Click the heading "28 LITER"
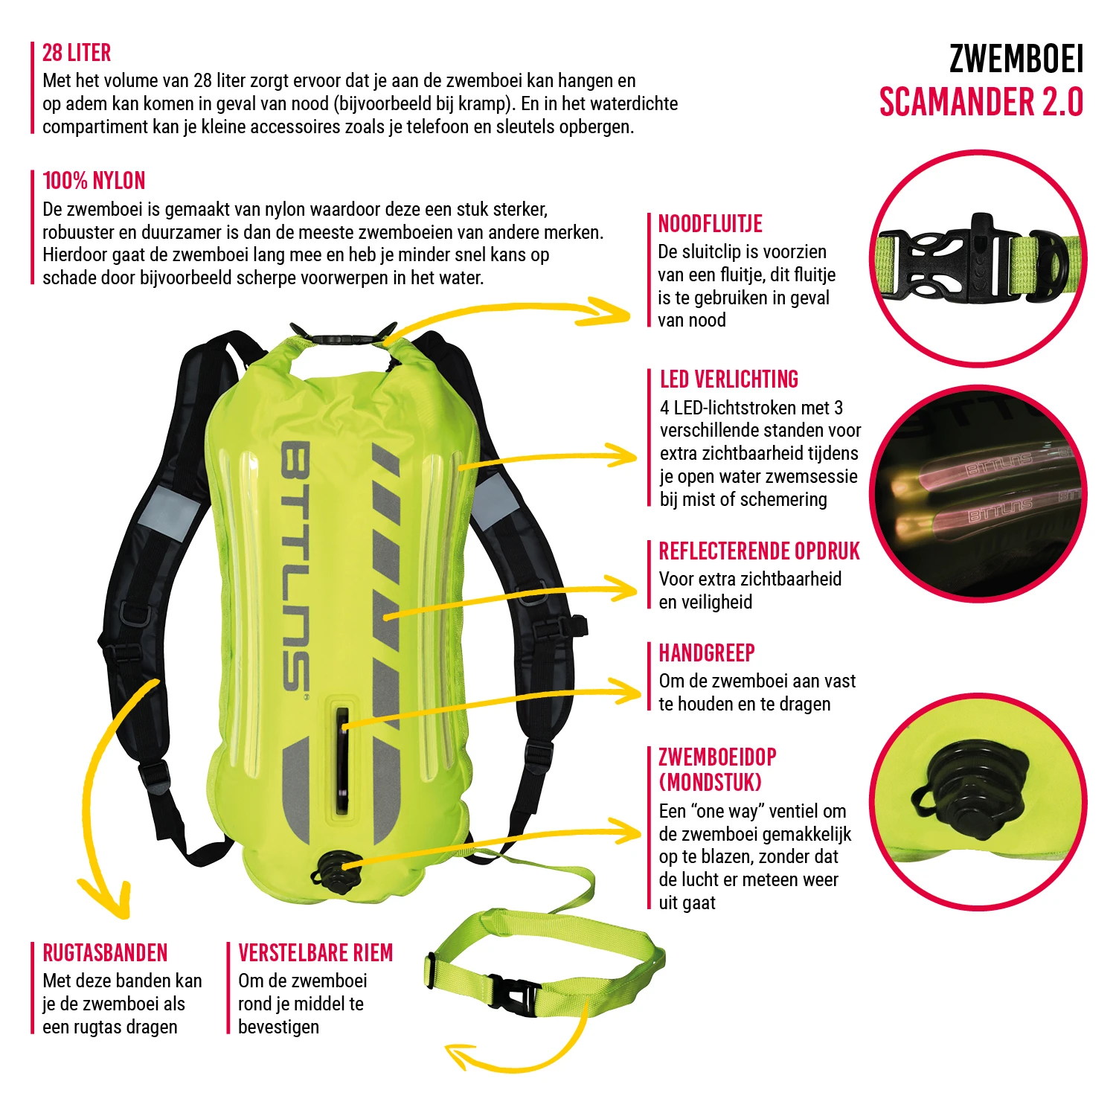pyautogui.click(x=77, y=53)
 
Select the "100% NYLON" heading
pyautogui.click(x=94, y=181)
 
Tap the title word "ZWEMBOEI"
pyautogui.click(x=1016, y=60)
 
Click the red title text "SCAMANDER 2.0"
pyautogui.click(x=981, y=103)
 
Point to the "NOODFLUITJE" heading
pyautogui.click(x=711, y=224)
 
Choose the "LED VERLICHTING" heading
pyautogui.click(x=729, y=379)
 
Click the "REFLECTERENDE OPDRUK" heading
pyautogui.click(x=759, y=551)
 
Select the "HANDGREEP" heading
pyautogui.click(x=707, y=653)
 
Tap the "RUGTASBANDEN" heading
pyautogui.click(x=105, y=953)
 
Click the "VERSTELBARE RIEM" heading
pyautogui.click(x=315, y=953)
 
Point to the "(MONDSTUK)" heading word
pyautogui.click(x=710, y=783)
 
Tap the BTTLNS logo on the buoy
pyautogui.click(x=295, y=565)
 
